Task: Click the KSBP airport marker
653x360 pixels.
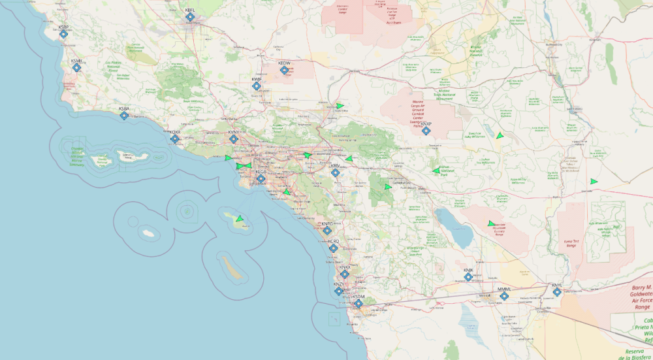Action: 63,34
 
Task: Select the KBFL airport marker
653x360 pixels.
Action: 190,17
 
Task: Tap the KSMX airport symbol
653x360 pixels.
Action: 77,67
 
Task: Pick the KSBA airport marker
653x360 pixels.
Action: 124,116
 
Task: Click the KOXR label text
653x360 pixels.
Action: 175,132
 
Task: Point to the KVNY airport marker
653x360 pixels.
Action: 234,139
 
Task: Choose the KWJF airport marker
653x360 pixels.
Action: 257,86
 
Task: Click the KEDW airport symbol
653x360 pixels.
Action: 284,70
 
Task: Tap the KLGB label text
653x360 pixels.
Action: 261,172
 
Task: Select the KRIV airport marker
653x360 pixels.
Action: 335,173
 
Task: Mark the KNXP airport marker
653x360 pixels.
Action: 426,131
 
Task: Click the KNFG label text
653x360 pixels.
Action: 327,223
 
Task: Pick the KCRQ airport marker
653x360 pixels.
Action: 334,248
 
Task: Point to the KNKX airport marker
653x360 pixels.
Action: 345,274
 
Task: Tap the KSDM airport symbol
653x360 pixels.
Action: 358,303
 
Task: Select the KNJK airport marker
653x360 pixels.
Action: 468,277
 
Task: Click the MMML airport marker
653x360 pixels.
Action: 504,296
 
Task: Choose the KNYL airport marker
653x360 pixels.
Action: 557,292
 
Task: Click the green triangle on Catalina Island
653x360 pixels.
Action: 240,218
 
